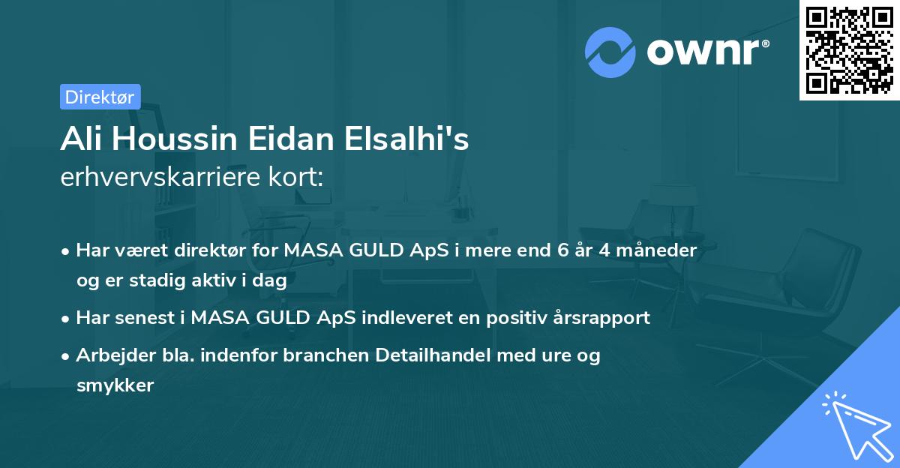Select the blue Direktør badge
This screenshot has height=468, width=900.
coord(100,97)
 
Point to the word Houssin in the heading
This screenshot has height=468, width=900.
coord(172,141)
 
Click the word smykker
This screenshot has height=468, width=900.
coord(115,385)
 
